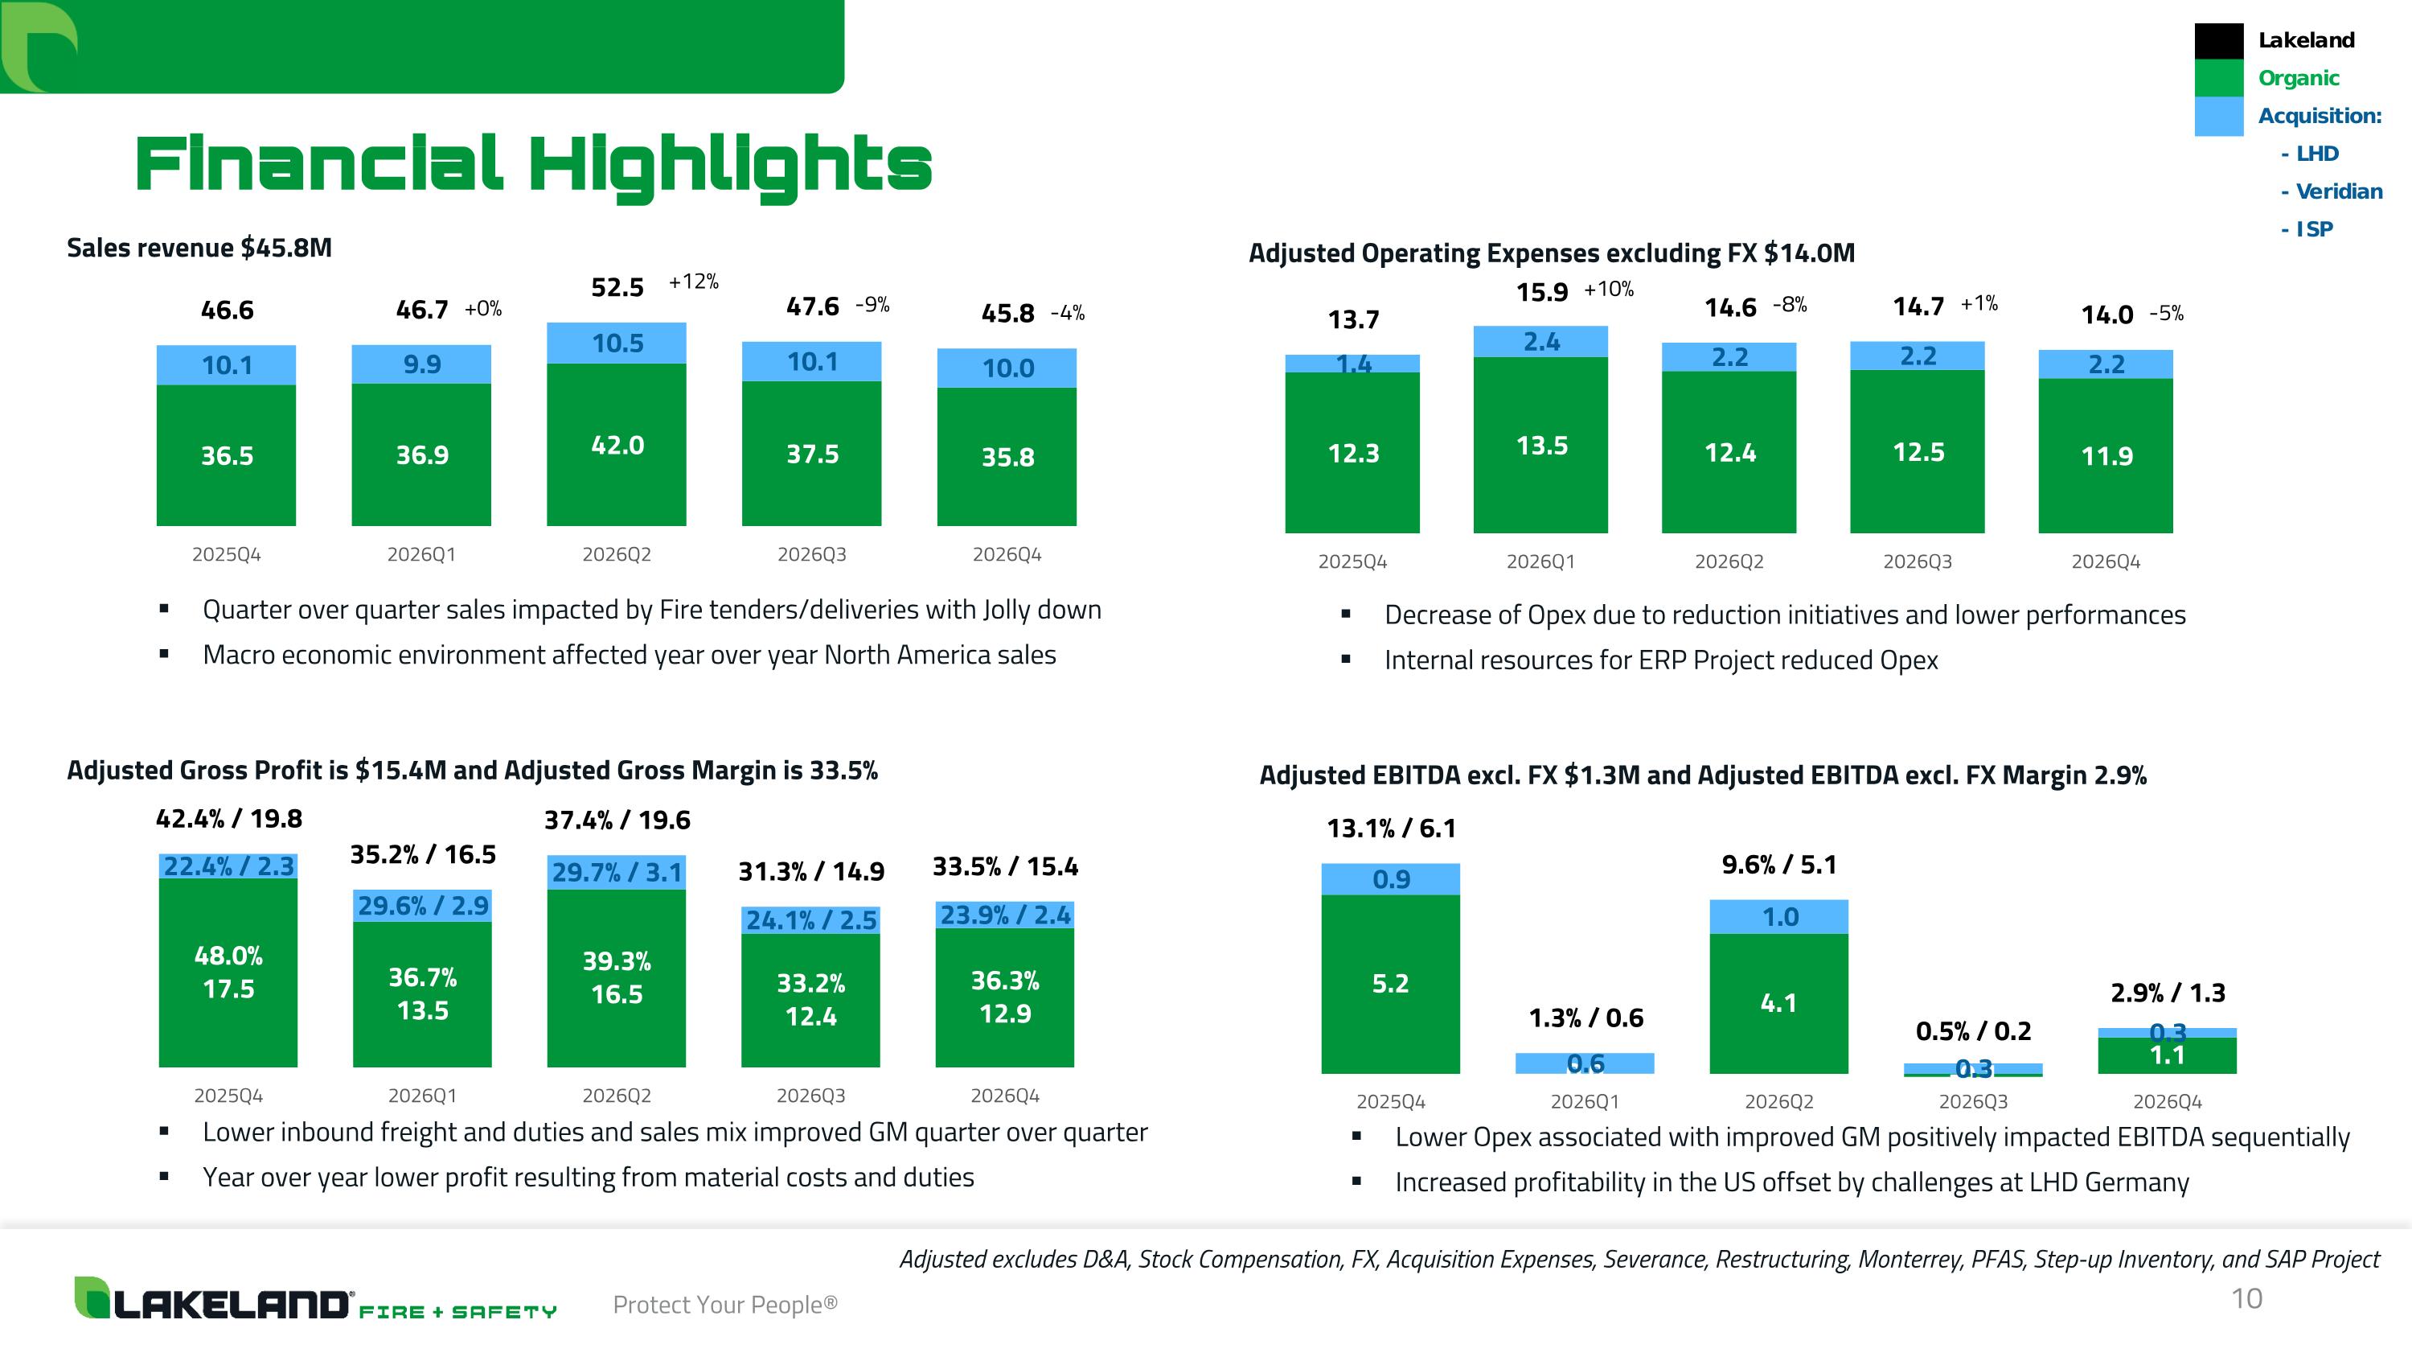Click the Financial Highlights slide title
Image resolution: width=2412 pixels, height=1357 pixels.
pos(534,165)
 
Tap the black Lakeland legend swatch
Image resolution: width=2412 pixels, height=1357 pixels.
pos(2218,41)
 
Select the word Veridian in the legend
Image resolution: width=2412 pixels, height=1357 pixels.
pos(2339,191)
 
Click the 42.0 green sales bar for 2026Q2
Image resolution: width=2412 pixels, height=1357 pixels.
pos(616,445)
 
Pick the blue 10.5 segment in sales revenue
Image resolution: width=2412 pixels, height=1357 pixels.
pos(616,343)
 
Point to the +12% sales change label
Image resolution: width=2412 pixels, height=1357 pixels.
pos(693,282)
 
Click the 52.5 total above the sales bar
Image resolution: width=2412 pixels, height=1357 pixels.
pos(617,287)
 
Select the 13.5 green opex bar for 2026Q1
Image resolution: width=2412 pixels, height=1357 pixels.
pos(1540,446)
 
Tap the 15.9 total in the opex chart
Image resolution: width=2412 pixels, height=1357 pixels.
pos(1541,292)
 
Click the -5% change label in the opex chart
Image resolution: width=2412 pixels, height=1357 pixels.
pos(2166,314)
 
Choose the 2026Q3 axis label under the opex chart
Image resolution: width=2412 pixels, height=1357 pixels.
pos(1917,562)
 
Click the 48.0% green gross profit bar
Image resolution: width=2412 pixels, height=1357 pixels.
pos(228,972)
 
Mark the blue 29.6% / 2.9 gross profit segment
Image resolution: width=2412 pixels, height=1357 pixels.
pos(422,906)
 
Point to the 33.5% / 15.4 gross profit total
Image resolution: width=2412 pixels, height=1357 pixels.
pos(1005,867)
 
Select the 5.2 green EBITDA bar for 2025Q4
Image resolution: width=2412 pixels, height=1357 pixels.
pos(1389,983)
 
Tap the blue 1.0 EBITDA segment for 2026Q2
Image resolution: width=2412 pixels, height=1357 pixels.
pos(1779,917)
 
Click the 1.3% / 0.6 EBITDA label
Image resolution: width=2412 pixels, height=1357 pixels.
pos(1585,1018)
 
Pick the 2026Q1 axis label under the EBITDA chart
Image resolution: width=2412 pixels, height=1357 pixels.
pos(1584,1102)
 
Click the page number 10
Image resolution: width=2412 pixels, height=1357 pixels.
pos(2246,1298)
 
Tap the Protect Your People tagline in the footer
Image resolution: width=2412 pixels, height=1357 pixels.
pos(724,1305)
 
